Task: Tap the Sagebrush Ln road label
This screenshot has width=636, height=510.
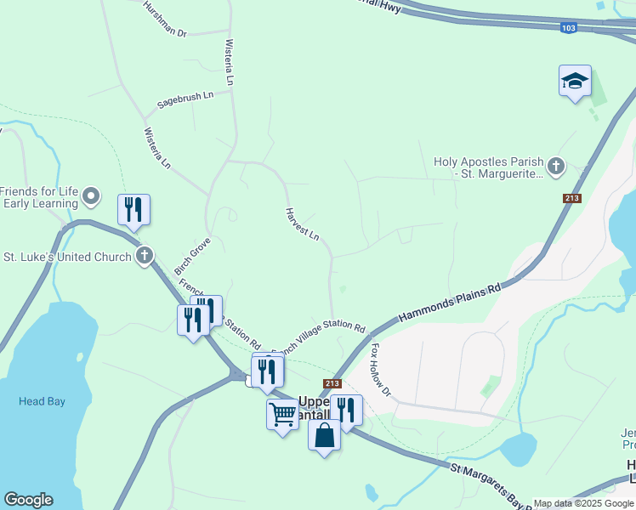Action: [x=185, y=100]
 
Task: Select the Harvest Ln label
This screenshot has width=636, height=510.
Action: [x=302, y=224]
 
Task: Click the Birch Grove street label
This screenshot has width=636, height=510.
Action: [x=192, y=257]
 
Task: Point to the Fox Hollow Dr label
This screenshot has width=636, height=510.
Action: [x=380, y=370]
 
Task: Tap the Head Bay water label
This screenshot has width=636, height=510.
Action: [x=43, y=401]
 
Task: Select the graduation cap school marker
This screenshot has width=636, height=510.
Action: [x=575, y=82]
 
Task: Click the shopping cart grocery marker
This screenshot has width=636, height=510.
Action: [x=282, y=415]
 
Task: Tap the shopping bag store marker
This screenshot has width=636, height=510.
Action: [x=324, y=435]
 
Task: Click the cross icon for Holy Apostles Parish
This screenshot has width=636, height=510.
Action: [x=556, y=167]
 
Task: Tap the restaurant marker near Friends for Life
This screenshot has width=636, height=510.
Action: [x=133, y=209]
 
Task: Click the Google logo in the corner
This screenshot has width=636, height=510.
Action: [x=28, y=500]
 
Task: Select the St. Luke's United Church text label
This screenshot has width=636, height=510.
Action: [x=68, y=256]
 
